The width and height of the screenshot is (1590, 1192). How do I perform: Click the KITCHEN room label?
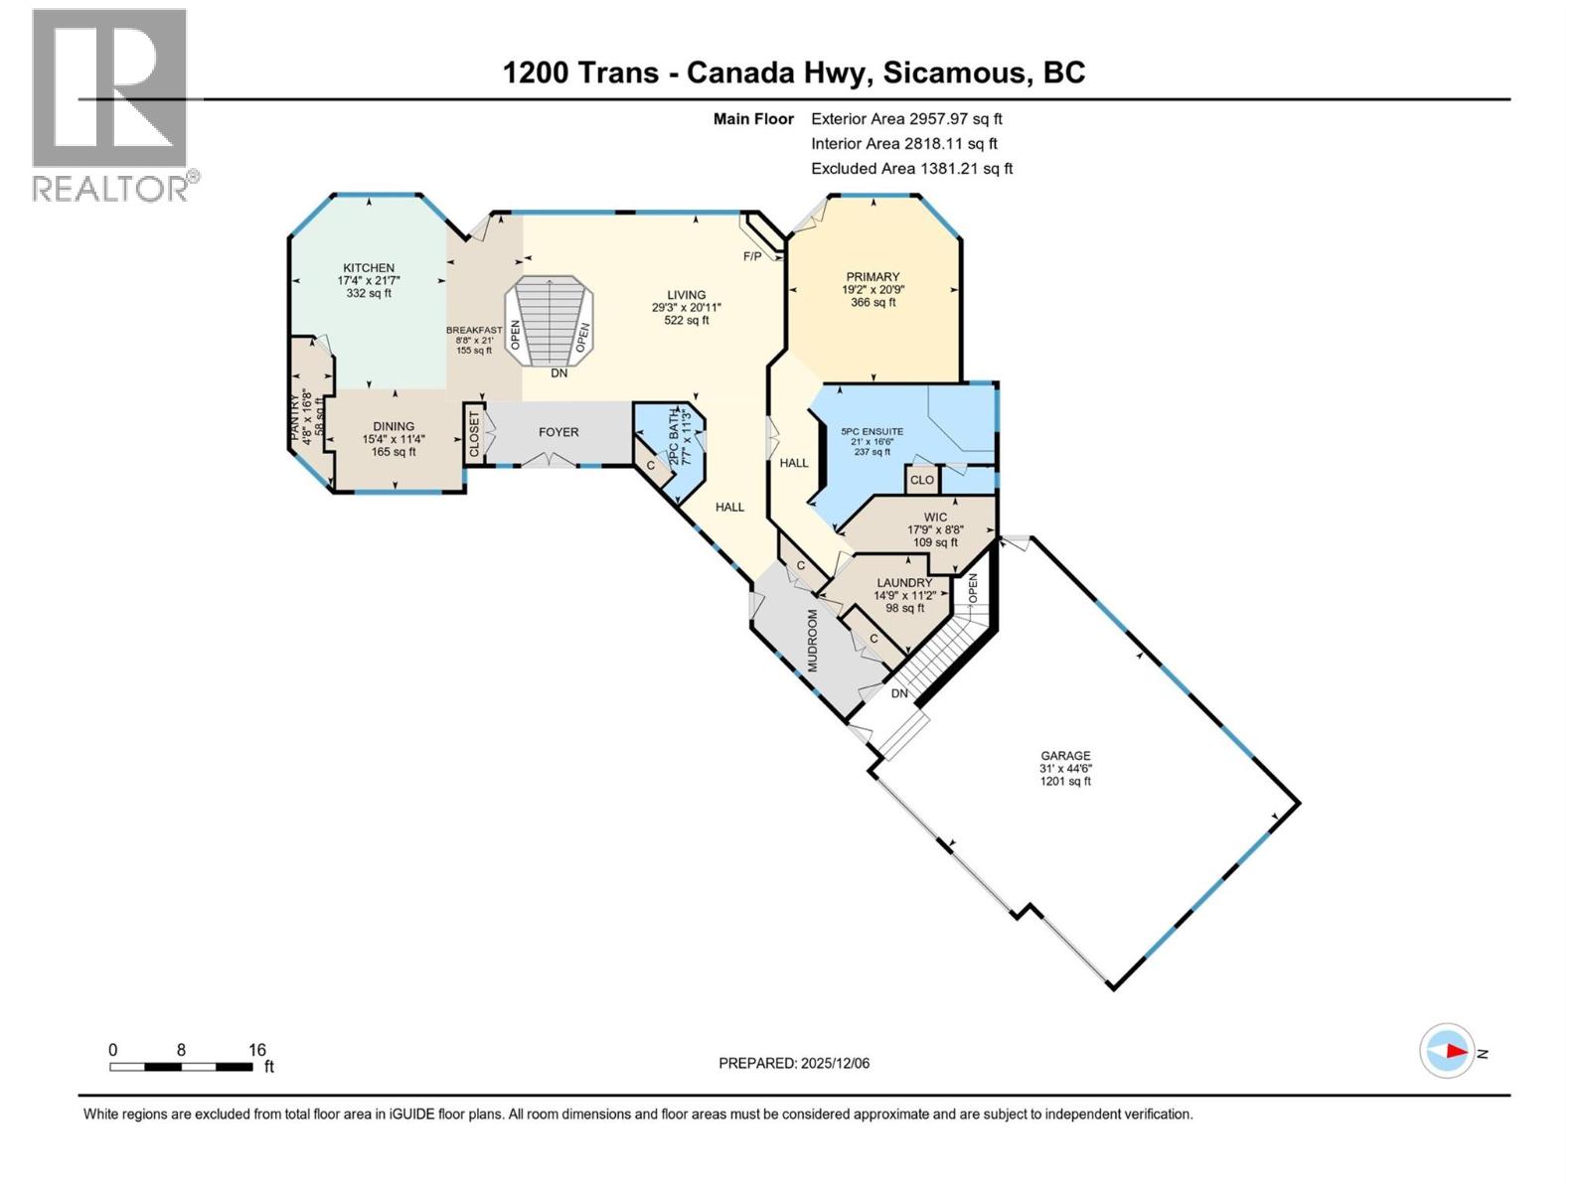coord(369,268)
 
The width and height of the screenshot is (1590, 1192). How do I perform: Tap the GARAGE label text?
coord(1065,756)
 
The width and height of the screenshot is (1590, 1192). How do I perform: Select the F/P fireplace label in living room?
coord(752,256)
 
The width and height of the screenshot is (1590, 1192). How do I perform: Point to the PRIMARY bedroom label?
coord(873,277)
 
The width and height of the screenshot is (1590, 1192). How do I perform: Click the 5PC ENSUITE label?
coord(873,432)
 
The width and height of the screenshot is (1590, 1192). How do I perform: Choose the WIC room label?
coord(935,518)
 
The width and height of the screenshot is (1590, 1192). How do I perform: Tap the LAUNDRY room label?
coord(904,583)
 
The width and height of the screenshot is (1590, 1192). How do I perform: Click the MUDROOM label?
coord(812,641)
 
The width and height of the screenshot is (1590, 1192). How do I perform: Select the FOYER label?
coord(558,432)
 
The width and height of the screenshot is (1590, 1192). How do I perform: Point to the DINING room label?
coord(394,427)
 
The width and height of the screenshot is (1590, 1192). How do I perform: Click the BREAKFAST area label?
coord(474,330)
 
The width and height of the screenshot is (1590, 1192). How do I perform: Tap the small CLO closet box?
coord(922,480)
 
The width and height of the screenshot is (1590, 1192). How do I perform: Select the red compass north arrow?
coord(1456,1051)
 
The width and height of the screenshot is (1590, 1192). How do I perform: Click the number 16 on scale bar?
coord(256,1050)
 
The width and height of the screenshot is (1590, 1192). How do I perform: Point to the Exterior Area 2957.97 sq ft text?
coord(906,118)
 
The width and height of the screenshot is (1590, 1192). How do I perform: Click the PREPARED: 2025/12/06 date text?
coord(794,1063)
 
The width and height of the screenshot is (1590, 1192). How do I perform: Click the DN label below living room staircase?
coord(559,373)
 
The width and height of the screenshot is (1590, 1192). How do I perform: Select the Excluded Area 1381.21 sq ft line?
coord(911,169)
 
